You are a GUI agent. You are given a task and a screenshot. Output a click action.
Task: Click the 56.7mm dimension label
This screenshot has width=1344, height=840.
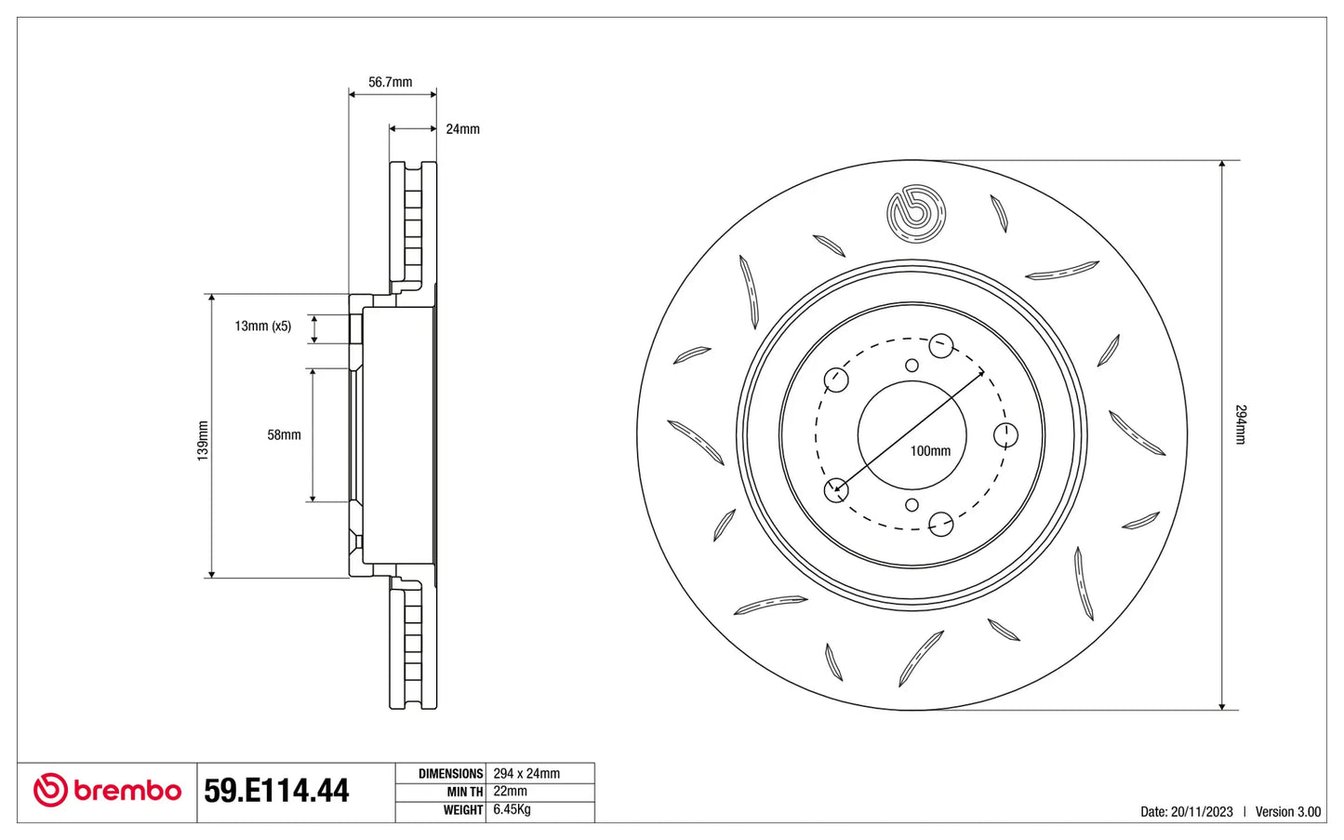pos(390,82)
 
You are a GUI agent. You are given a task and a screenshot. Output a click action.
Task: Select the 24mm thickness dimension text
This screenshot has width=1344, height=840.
pos(462,129)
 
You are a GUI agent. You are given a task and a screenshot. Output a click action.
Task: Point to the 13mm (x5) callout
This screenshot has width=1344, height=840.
pos(263,326)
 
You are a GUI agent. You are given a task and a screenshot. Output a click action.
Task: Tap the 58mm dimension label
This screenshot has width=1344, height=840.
pos(284,434)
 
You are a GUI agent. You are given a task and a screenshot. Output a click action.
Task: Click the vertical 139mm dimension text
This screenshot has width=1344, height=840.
pos(203,441)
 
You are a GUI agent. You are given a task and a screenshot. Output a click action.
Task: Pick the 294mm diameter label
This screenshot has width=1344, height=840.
pos(1241,424)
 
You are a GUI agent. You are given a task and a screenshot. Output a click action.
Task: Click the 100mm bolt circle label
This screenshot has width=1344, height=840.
pos(930,450)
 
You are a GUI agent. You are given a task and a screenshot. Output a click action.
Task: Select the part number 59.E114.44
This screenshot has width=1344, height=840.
pos(276,791)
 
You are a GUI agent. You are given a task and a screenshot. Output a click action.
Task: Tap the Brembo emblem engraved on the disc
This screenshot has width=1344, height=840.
pos(915,214)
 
